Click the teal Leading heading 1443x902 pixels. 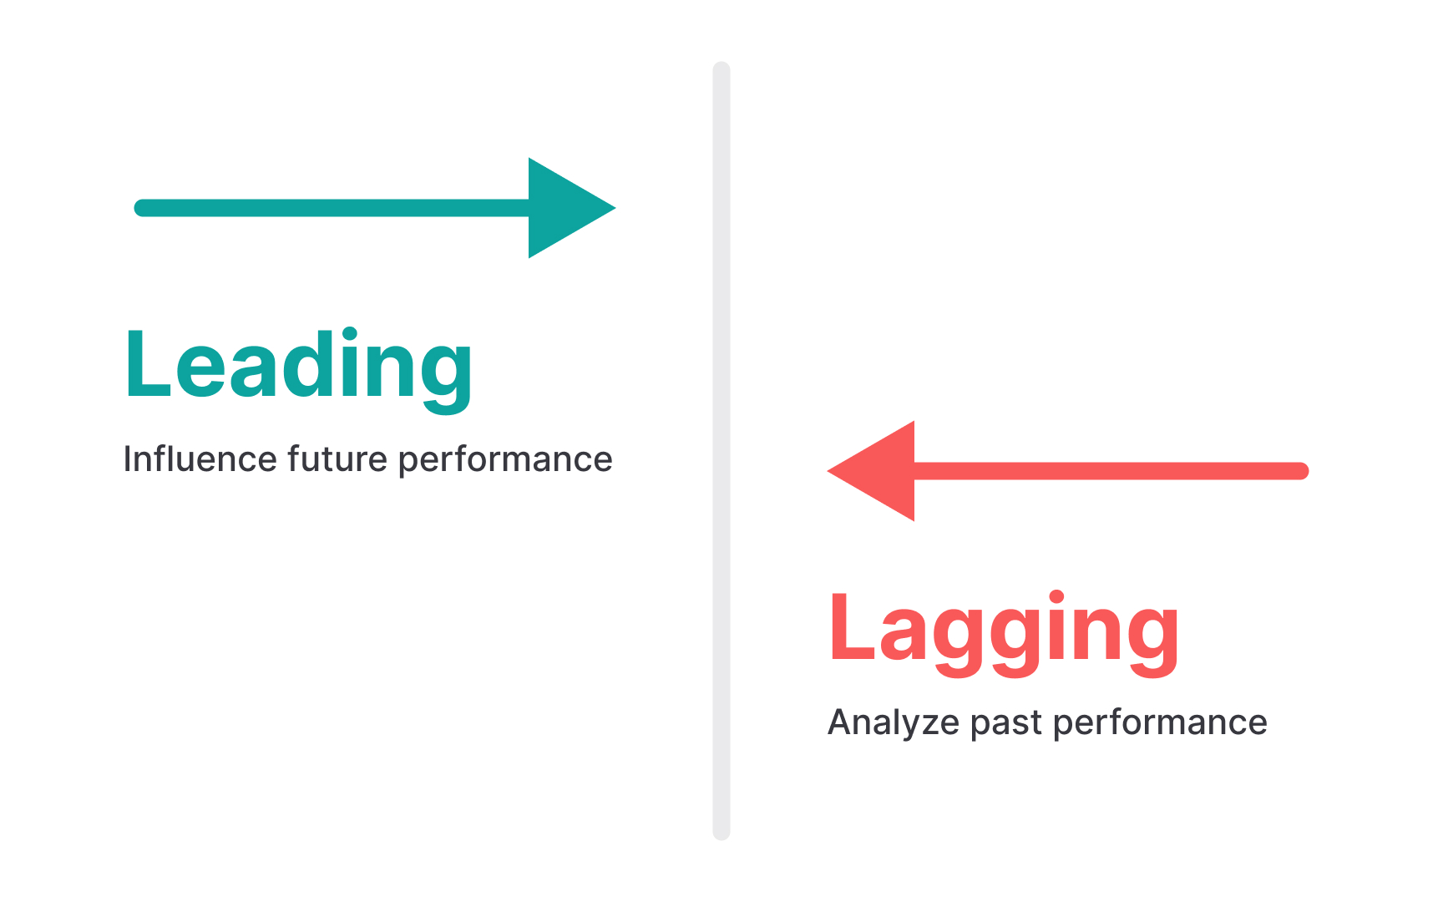[299, 366]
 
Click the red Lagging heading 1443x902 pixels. [1004, 628]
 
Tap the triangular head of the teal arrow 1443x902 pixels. [564, 208]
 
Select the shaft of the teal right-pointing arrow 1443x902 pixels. [334, 208]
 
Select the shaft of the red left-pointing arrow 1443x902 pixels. [1111, 471]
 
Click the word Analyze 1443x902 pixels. [894, 722]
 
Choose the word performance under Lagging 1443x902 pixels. [1161, 723]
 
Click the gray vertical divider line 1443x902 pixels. [721, 451]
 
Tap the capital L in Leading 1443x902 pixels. [146, 364]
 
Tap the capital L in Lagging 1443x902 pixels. [850, 627]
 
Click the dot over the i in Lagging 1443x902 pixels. [1056, 598]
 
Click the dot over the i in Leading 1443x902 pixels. [352, 335]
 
